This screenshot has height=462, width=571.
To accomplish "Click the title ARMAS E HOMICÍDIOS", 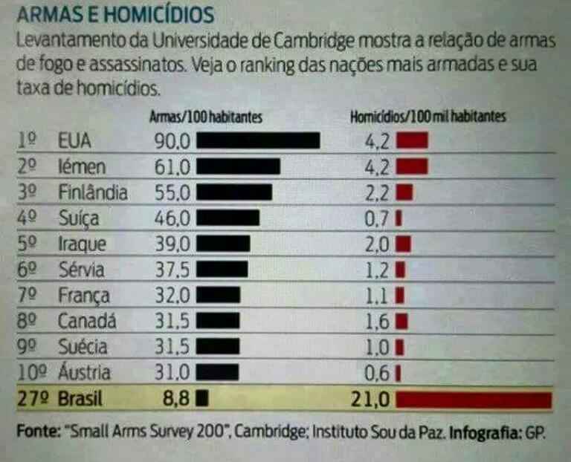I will pos(116,14).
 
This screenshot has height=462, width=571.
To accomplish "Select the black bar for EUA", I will pos(258,140).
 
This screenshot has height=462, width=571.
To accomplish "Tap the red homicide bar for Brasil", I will pos(474,400).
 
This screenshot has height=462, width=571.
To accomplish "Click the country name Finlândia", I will pos(93,193).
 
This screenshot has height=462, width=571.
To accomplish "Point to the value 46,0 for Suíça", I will pos(172,218).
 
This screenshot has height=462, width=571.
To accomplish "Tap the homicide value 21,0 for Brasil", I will pos(370,400).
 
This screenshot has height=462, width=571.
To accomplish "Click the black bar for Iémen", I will pos(238,166).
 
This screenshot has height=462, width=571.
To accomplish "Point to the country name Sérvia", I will pos(81,270).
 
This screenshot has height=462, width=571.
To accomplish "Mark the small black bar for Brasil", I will pos(201,399).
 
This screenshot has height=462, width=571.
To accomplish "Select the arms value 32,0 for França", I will pos(172,296).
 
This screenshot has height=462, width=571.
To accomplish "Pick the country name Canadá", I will pos(84,322).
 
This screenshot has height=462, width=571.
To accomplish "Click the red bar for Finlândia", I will pos(404,193).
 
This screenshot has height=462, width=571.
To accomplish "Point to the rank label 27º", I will pos(32,400).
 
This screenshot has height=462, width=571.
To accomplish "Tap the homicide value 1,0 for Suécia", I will pos(378,347).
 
